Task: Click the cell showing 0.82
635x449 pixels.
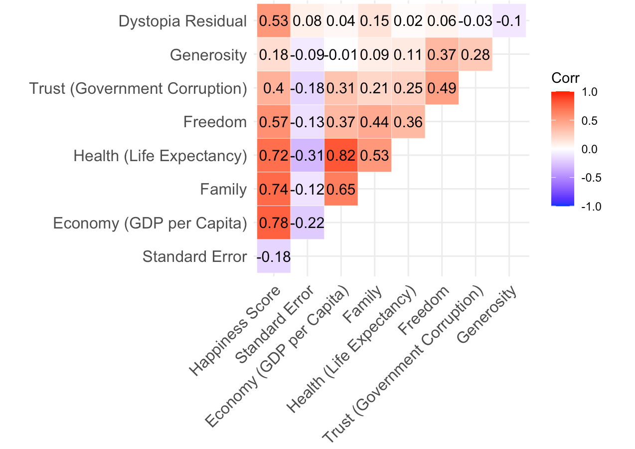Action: (x=341, y=156)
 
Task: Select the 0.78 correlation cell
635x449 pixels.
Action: (x=274, y=223)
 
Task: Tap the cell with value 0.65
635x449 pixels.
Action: (x=341, y=189)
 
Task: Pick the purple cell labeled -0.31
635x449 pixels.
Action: (x=307, y=156)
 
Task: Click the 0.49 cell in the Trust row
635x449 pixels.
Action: (x=442, y=88)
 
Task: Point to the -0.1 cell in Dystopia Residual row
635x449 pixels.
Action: (x=509, y=21)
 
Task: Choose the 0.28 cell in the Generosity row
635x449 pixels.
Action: (x=476, y=55)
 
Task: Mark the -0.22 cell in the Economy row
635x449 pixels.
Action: (x=307, y=223)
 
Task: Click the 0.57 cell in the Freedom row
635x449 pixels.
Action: (x=274, y=122)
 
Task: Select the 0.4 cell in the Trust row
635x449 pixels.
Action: (x=274, y=88)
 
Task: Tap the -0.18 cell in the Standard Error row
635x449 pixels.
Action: (x=274, y=256)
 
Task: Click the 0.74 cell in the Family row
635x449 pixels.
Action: (x=274, y=189)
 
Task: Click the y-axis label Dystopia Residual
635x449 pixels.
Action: (x=182, y=22)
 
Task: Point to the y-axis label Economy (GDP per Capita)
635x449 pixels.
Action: (x=150, y=223)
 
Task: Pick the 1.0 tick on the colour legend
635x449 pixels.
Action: (x=590, y=93)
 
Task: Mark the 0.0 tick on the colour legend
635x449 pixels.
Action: (x=590, y=149)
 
